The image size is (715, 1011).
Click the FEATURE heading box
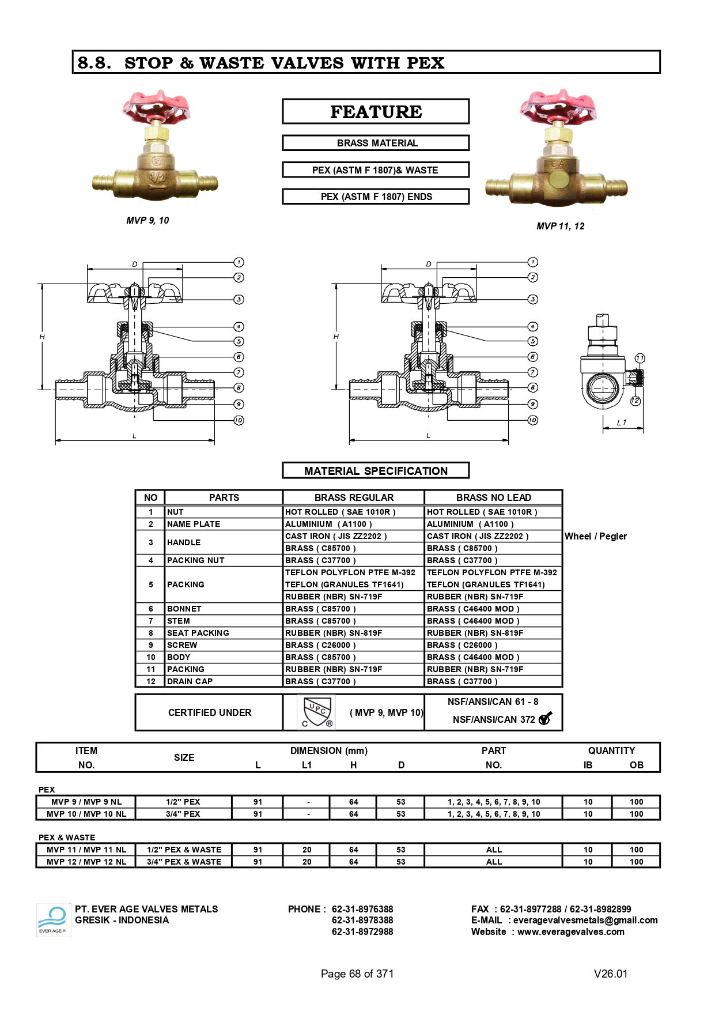[x=376, y=111]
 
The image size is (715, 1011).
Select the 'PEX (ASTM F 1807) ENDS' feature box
[x=376, y=197]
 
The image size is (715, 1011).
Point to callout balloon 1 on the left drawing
[x=239, y=262]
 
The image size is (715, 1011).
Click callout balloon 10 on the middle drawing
[x=532, y=420]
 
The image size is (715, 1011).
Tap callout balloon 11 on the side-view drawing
[x=640, y=359]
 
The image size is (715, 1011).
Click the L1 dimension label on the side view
[x=622, y=422]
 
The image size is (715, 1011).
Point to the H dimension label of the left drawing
[x=42, y=337]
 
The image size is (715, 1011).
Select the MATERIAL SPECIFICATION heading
[x=376, y=471]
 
